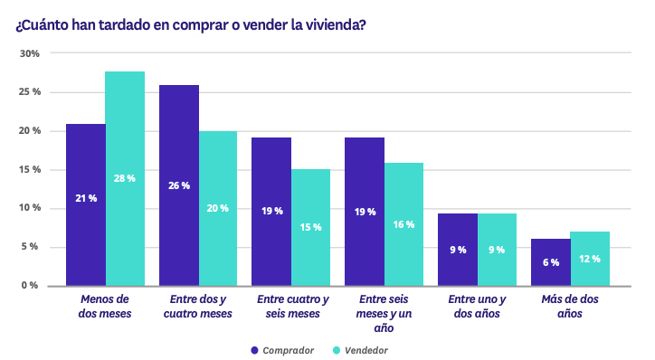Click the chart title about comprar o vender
[191, 24]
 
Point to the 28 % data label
[125, 178]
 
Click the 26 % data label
[179, 185]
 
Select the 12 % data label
[590, 260]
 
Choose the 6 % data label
[551, 262]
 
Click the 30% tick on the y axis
[30, 54]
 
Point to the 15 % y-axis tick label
[30, 170]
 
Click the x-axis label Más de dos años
[570, 307]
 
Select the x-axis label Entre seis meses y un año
[384, 314]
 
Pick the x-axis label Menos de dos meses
[105, 307]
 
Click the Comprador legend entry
[281, 350]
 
